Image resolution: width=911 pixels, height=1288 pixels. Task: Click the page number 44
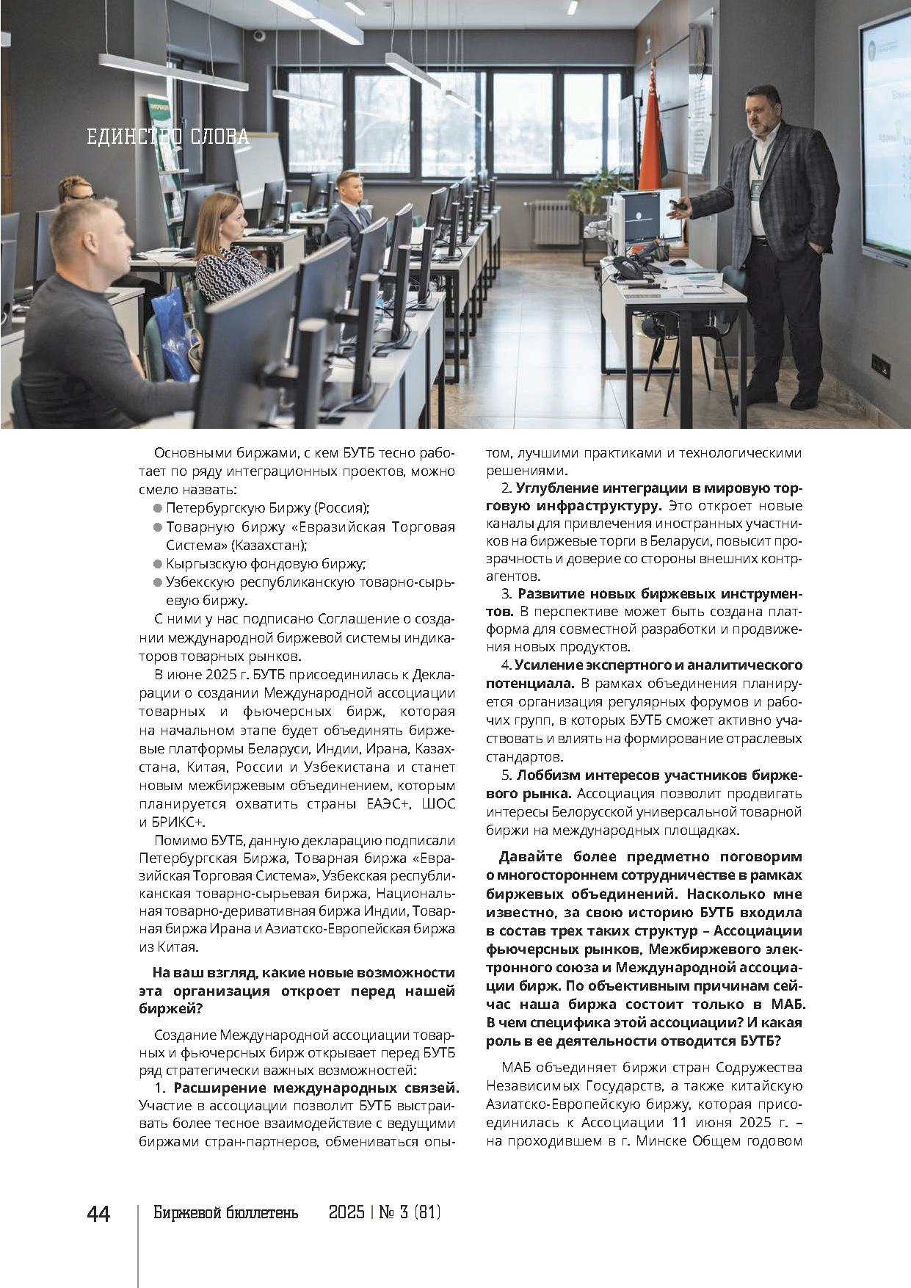(98, 1213)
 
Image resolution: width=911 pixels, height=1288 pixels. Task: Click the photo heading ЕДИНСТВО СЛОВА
(168, 137)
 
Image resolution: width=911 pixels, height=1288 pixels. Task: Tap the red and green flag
(651, 136)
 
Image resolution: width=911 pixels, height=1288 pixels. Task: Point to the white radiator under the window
(556, 222)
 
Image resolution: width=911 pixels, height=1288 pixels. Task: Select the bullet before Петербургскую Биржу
(158, 508)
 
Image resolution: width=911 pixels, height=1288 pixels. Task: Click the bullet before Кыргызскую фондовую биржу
(158, 564)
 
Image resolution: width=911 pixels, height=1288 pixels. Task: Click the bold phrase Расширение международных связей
(316, 1088)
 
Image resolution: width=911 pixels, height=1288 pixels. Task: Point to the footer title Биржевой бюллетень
(225, 1212)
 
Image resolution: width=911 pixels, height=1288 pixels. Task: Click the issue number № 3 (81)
(410, 1212)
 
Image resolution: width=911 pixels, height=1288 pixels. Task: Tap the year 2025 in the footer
(346, 1212)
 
